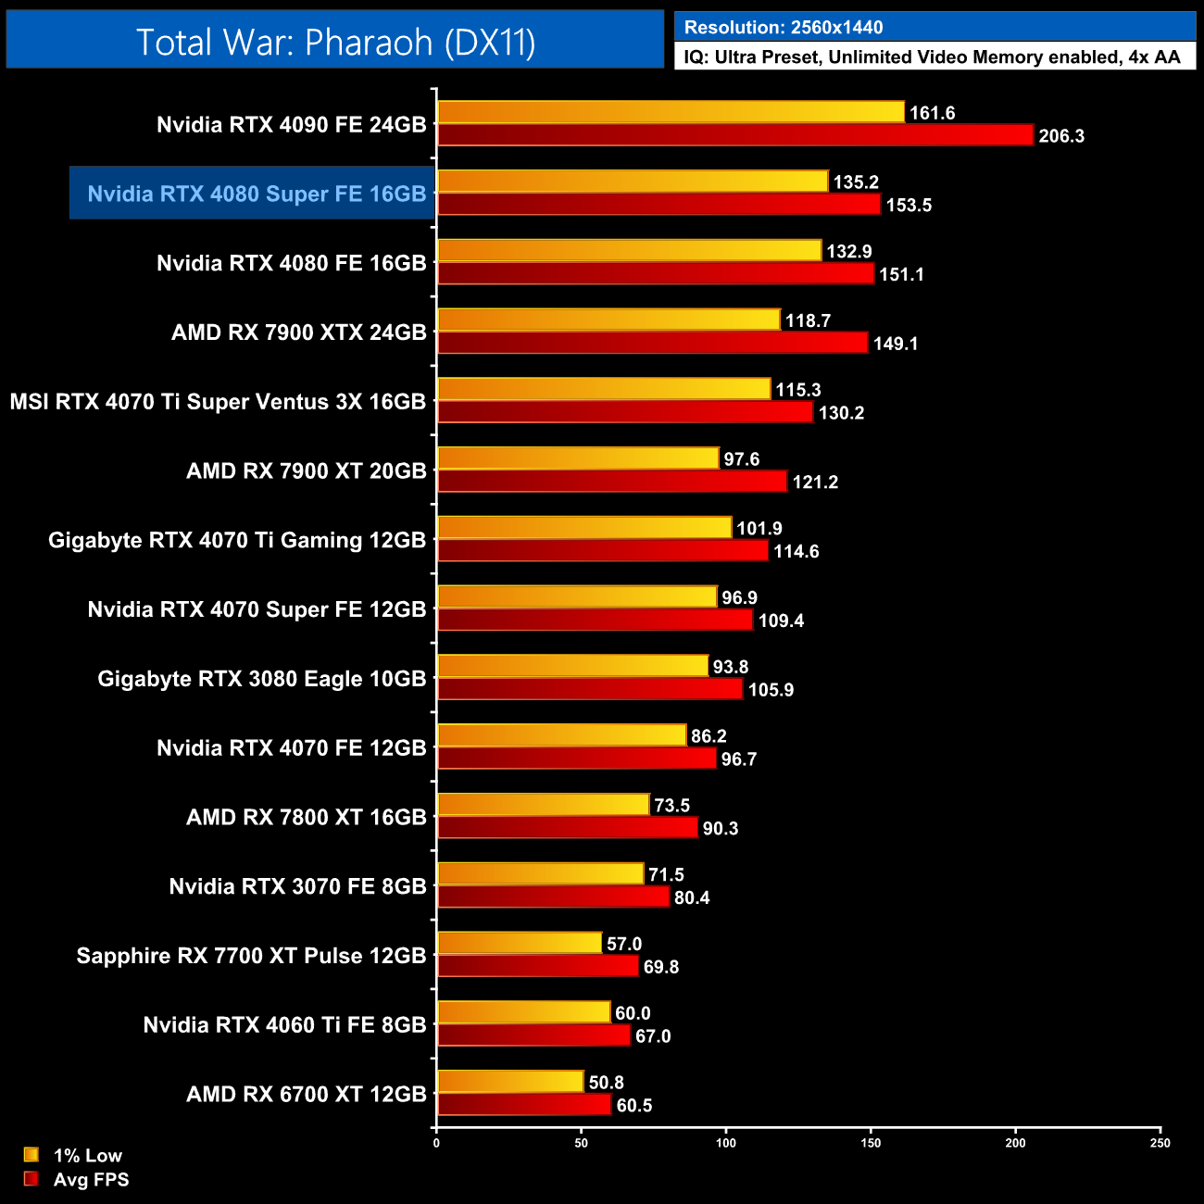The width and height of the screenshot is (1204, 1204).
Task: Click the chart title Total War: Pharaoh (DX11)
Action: [x=335, y=42]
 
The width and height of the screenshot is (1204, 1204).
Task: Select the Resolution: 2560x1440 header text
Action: [x=784, y=27]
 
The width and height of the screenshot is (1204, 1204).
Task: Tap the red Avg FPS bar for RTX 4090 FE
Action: [x=734, y=135]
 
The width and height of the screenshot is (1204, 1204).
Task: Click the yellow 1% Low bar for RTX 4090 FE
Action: [x=671, y=112]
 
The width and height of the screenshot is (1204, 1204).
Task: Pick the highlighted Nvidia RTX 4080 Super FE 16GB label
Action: [x=257, y=194]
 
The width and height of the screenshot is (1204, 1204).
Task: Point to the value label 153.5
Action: [x=909, y=205]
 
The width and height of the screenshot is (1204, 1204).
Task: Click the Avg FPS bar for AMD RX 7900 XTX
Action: [x=652, y=343]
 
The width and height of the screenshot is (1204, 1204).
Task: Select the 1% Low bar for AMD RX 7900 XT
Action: [x=578, y=458]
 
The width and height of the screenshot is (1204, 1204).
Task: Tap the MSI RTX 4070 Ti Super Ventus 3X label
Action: [x=218, y=402]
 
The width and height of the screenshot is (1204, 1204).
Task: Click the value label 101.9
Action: [x=759, y=528]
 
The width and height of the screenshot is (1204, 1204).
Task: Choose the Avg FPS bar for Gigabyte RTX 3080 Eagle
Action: [x=590, y=689]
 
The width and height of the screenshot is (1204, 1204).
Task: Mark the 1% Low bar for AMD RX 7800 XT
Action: [x=543, y=805]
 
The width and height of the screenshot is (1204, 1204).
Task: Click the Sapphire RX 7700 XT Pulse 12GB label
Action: [x=251, y=956]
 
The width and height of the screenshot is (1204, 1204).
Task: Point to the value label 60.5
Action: [x=634, y=1105]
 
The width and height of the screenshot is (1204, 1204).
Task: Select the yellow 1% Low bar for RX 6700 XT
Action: [x=510, y=1082]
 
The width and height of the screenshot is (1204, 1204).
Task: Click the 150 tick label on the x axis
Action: [x=871, y=1143]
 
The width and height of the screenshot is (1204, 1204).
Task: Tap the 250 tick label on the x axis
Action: [x=1160, y=1143]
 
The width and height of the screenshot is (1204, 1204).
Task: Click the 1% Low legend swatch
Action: [x=31, y=1155]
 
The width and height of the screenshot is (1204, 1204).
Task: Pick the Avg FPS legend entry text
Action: [x=91, y=1179]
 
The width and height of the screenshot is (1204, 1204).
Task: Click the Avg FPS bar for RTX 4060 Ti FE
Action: [x=533, y=1035]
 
